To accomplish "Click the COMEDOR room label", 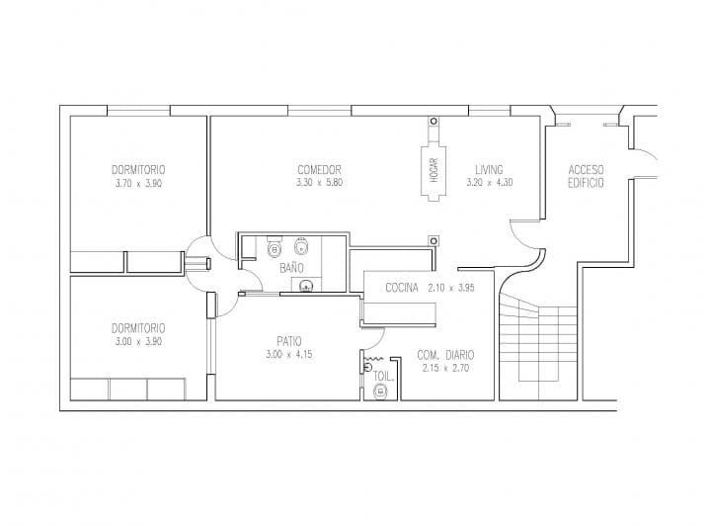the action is click(x=319, y=170).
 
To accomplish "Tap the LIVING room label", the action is click(x=489, y=170).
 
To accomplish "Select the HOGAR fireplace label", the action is click(x=434, y=170).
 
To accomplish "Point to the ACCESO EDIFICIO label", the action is click(x=586, y=176).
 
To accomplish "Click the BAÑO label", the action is click(x=291, y=267).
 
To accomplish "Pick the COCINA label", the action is click(x=402, y=288).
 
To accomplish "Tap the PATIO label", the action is click(x=288, y=341).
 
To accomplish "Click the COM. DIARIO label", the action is click(x=445, y=355).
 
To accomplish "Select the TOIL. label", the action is click(x=383, y=376).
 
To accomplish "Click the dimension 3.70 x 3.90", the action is click(x=139, y=183).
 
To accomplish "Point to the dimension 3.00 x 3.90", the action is click(x=138, y=341).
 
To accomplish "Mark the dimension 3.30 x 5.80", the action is click(x=319, y=183).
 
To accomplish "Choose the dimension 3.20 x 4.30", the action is click(x=489, y=183).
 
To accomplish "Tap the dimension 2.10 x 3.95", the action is click(x=451, y=288).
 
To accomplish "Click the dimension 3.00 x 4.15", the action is click(x=288, y=354).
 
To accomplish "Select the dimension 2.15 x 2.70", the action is click(x=445, y=368).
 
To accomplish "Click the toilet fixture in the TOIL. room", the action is click(x=379, y=391).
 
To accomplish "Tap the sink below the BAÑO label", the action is click(x=306, y=286).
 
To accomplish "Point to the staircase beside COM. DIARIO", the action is click(x=537, y=345).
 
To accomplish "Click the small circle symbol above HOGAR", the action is click(x=434, y=122).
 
